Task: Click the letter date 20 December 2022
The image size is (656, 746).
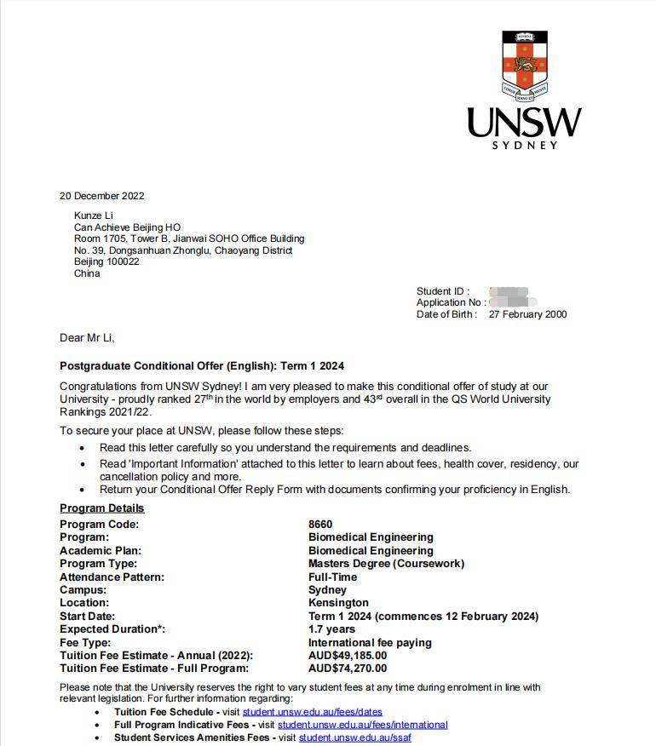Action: [x=101, y=196]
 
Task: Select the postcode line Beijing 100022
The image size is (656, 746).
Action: [x=106, y=262]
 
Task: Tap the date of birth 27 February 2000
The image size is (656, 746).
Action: [x=527, y=315]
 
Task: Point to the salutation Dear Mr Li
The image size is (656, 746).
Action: [x=87, y=338]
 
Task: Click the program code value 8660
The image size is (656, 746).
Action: [x=320, y=525]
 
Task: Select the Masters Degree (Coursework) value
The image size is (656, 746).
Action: [x=386, y=564]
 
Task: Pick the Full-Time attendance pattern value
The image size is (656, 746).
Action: [x=332, y=577]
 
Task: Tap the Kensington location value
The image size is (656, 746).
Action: [x=338, y=603]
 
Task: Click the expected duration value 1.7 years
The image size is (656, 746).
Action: [x=331, y=629]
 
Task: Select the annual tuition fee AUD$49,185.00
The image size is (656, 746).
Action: [x=348, y=656]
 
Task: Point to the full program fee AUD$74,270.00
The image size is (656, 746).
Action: [x=348, y=669]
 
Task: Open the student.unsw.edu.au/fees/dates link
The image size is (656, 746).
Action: [x=312, y=712]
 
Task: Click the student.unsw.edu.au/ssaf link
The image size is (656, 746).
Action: [x=354, y=737]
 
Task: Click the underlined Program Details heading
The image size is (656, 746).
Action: [x=102, y=508]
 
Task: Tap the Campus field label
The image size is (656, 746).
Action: [x=83, y=590]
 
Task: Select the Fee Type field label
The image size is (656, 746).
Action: [x=85, y=643]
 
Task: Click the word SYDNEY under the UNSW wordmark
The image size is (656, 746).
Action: [x=525, y=145]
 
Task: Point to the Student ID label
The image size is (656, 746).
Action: [x=442, y=292]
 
